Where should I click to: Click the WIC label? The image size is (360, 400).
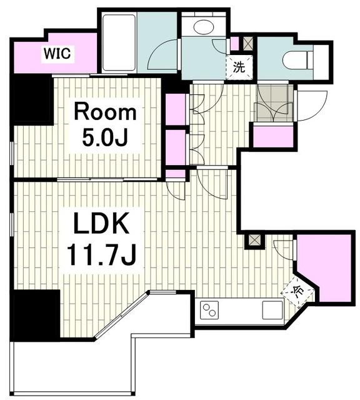pyautogui.click(x=57, y=54)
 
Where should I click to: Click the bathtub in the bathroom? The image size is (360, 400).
pyautogui.click(x=119, y=42)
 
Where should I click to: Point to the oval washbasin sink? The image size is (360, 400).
pyautogui.click(x=204, y=27)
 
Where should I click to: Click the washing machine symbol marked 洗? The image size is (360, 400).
pyautogui.click(x=239, y=67)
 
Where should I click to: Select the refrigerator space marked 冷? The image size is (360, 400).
pyautogui.click(x=297, y=292)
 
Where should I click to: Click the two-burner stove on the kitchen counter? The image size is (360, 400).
pyautogui.click(x=209, y=310)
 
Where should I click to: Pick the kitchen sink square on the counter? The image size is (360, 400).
pyautogui.click(x=272, y=310)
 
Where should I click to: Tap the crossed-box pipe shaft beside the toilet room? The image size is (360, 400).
pyautogui.click(x=247, y=44)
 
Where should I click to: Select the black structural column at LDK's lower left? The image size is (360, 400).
pyautogui.click(x=35, y=315)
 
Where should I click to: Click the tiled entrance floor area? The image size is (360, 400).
pyautogui.click(x=275, y=103)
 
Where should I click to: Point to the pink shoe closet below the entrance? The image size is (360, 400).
pyautogui.click(x=273, y=136)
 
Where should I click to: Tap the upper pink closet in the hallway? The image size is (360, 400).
pyautogui.click(x=176, y=109)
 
